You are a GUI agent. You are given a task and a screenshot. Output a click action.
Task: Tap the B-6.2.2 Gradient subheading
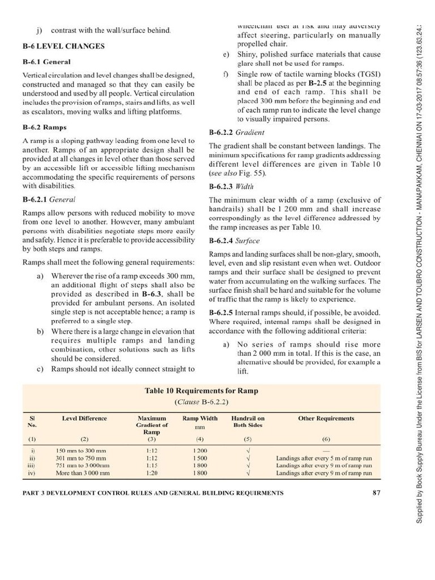237,133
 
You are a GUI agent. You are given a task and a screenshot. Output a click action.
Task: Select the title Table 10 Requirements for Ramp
198,391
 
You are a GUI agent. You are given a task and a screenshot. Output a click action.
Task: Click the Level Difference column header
84,419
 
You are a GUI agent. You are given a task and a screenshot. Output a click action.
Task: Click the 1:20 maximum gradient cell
151,472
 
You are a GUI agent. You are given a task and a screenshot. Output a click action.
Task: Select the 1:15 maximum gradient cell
151,464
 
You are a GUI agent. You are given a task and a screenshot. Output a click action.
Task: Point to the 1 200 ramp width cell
199,450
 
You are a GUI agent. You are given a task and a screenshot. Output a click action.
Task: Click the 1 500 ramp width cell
199,457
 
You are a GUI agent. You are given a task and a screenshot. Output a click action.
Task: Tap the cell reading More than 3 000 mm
84,472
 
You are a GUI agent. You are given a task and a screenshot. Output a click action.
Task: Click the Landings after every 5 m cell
323,457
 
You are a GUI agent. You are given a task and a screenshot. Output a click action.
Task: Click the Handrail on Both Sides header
248,421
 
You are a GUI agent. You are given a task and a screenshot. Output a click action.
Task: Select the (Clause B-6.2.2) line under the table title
198,402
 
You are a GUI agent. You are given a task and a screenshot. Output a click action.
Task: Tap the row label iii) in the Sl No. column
32,464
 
